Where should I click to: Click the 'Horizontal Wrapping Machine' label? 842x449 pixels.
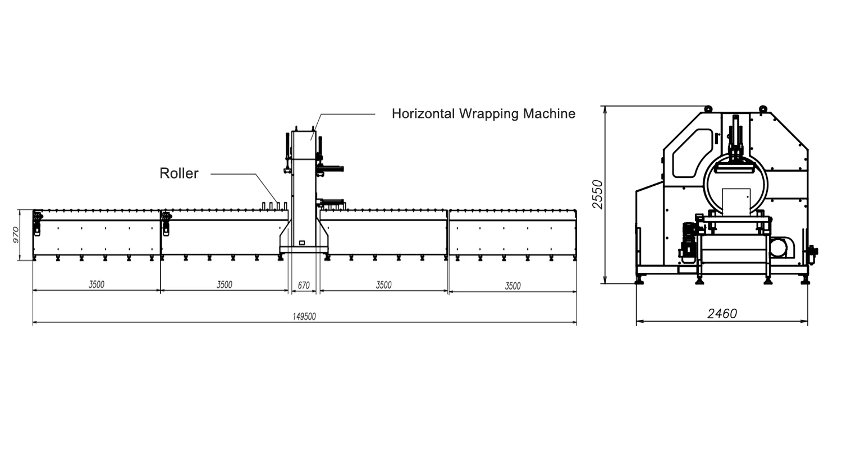point(483,114)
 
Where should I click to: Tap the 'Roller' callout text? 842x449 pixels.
point(179,173)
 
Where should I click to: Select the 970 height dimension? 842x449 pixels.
point(16,234)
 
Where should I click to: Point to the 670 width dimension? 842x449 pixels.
point(304,286)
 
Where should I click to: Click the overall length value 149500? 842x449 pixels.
point(304,317)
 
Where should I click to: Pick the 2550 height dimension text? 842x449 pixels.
point(598,194)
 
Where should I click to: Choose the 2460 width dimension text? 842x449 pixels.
point(722,314)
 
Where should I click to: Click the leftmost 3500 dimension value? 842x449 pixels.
point(97,285)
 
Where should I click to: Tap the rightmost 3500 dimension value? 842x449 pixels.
point(512,286)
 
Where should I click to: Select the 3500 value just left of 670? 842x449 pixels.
point(225,285)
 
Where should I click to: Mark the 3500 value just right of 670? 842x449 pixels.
point(383,285)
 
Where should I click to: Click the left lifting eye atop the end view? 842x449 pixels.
point(708,108)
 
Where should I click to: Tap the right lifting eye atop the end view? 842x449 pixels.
point(763,108)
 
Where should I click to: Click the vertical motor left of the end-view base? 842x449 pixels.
point(688,240)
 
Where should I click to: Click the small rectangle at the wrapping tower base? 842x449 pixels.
point(302,242)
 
